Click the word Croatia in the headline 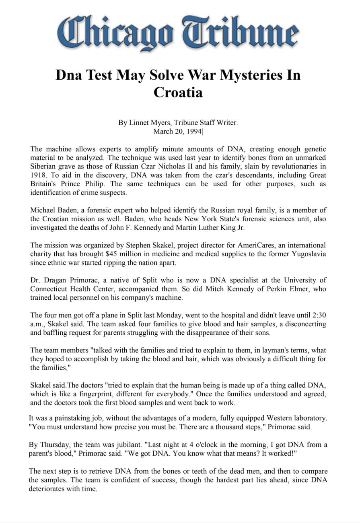[178, 92]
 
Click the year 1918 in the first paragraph [38, 175]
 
